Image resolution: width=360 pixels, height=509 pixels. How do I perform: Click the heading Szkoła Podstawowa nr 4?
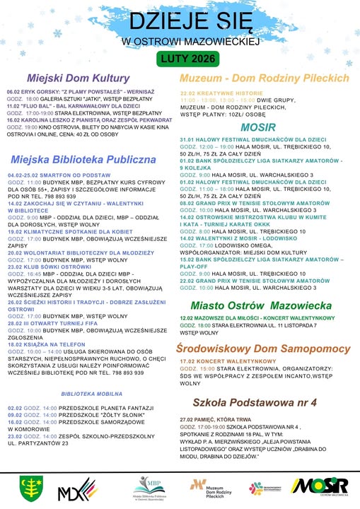pos(262,402)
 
